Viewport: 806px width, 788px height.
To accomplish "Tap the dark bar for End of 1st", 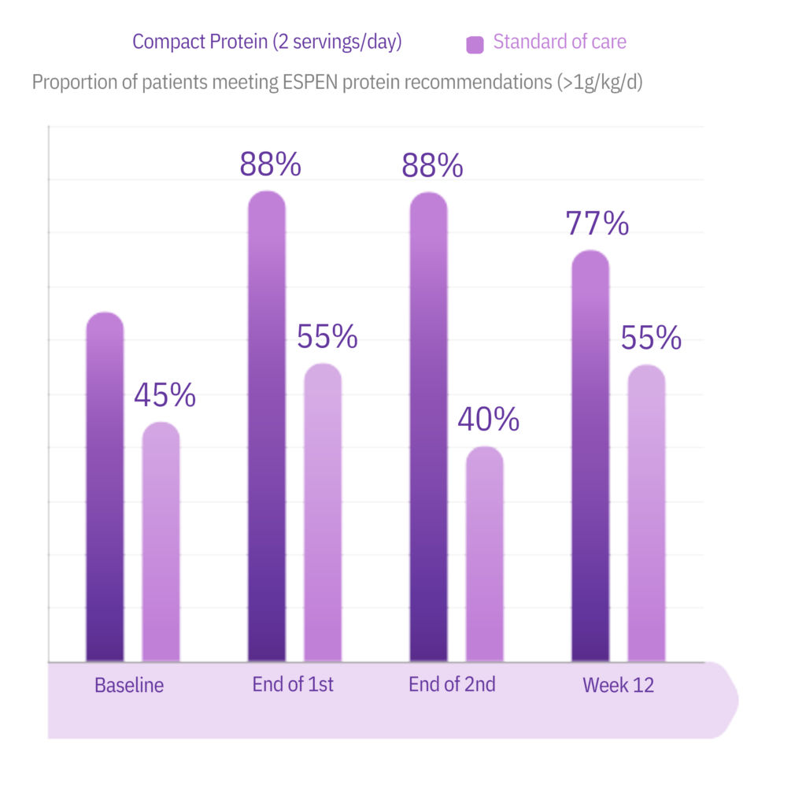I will (267, 426).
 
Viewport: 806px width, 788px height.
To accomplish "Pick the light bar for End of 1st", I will (323, 512).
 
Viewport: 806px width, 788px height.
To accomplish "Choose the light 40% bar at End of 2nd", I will (485, 554).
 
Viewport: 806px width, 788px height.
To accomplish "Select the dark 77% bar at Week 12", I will (590, 456).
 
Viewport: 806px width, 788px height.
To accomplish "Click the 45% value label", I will (165, 395).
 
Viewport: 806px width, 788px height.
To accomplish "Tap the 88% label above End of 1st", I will (270, 165).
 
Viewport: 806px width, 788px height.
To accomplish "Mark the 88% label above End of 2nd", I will (432, 165).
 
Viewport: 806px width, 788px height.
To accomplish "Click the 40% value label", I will (488, 420).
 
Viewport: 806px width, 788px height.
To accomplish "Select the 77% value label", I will (597, 224).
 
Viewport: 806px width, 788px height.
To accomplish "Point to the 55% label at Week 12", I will (650, 338).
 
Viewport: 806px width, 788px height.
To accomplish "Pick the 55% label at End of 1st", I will (327, 337).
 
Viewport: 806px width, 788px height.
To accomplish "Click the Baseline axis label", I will (129, 685).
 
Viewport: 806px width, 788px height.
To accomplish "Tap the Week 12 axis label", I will (618, 685).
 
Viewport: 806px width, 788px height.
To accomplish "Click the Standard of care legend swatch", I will (475, 44).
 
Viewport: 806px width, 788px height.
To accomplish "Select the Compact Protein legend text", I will (267, 42).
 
